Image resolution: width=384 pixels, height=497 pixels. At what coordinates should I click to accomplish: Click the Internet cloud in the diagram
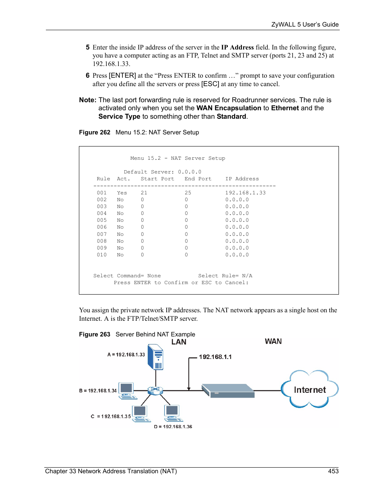pyautogui.click(x=310, y=389)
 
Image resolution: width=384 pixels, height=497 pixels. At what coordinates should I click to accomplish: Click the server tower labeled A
pyautogui.click(x=155, y=357)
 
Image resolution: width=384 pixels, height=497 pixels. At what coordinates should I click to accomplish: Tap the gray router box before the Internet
pyautogui.click(x=228, y=390)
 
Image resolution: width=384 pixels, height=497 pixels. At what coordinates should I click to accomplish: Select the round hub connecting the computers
pyautogui.click(x=155, y=390)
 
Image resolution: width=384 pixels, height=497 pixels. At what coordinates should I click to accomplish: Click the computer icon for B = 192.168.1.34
pyautogui.click(x=127, y=390)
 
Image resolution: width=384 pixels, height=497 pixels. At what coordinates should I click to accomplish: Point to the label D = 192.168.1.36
pyautogui.click(x=173, y=427)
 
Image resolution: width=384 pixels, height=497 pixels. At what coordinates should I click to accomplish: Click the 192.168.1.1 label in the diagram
pyautogui.click(x=215, y=357)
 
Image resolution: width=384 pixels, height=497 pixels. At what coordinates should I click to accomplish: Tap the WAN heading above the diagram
pyautogui.click(x=273, y=341)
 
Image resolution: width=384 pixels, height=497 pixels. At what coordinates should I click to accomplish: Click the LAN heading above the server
pyautogui.click(x=179, y=342)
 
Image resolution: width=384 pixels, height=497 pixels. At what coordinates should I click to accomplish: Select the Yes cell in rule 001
pyautogui.click(x=122, y=193)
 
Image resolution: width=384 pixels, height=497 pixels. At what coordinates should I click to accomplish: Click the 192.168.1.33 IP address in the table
pyautogui.click(x=245, y=193)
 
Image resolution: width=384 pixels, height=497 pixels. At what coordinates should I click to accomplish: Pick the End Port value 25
pyautogui.click(x=188, y=193)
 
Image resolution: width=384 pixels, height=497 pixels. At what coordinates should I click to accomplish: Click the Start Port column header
pyautogui.click(x=157, y=179)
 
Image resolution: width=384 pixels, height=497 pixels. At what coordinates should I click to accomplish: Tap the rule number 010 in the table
pyautogui.click(x=101, y=255)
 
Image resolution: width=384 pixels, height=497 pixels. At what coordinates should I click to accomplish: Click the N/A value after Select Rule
pyautogui.click(x=247, y=276)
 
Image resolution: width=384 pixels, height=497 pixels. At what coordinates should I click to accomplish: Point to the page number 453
pyautogui.click(x=333, y=471)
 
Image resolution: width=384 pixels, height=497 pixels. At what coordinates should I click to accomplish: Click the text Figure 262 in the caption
pyautogui.click(x=95, y=132)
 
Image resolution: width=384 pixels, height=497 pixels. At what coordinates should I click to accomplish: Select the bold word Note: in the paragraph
pyautogui.click(x=87, y=100)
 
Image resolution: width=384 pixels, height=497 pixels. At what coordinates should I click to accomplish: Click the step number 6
pyautogui.click(x=87, y=75)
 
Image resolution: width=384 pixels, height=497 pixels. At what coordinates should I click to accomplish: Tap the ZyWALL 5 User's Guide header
pyautogui.click(x=305, y=24)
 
